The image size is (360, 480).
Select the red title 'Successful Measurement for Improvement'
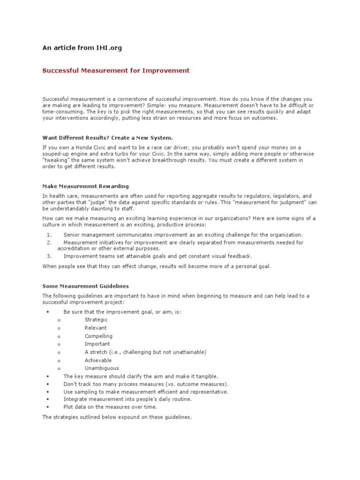click(116, 71)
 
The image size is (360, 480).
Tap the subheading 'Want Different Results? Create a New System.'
click(107, 138)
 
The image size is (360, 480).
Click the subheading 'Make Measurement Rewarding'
click(85, 186)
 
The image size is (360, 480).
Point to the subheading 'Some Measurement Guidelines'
click(85, 286)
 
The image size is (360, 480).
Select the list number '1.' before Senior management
click(49, 235)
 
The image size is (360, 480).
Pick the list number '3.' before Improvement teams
click(49, 256)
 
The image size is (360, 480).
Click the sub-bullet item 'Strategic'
click(96, 320)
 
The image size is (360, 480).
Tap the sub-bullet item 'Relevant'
click(96, 328)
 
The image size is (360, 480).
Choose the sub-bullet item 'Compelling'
click(98, 336)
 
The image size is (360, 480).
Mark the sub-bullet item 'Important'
click(97, 344)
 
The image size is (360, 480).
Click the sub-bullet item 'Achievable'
click(98, 360)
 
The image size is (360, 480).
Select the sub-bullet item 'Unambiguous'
click(102, 368)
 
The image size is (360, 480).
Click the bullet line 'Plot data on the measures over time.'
click(110, 407)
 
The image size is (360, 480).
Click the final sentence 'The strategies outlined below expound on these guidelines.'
click(117, 417)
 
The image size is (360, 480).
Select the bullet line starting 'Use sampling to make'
click(146, 391)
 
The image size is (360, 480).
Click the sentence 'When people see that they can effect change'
click(157, 266)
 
